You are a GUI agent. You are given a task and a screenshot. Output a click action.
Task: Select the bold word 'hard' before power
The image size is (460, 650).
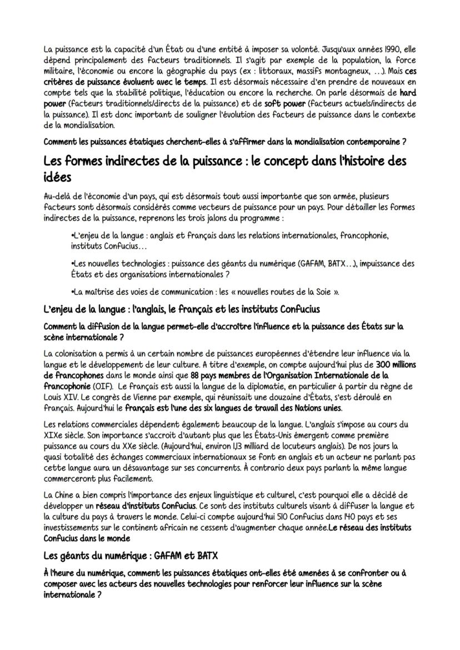point(408,93)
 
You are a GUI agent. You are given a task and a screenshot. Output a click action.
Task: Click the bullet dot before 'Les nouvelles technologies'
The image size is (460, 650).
point(73,264)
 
